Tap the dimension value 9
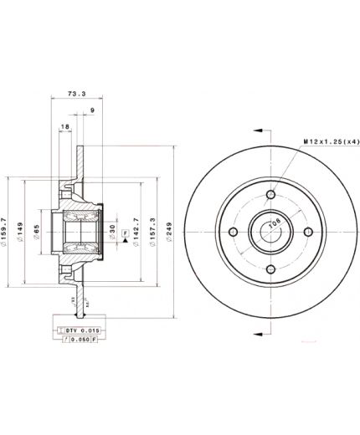click(91, 110)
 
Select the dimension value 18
click(65, 127)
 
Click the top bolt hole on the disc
click(270, 195)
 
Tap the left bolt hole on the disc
click(233, 232)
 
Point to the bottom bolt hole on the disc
click(270, 269)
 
